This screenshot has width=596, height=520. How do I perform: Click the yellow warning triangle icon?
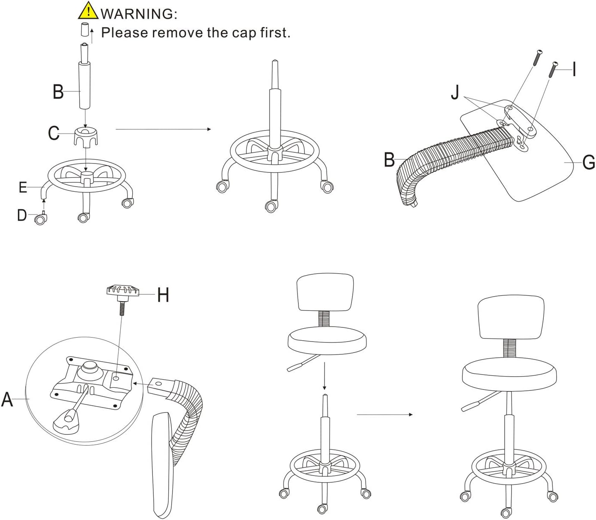coord(88,11)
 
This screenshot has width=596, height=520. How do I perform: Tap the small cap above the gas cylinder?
coord(85,30)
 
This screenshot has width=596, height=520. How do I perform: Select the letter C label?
coord(54,133)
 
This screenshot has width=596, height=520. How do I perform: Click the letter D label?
coord(22,215)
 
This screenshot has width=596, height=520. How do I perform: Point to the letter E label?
coord(23,187)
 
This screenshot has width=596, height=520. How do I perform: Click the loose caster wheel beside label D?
coord(41,220)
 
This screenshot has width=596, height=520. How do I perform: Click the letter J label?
coord(455,92)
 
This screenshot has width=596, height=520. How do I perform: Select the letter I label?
coord(574,69)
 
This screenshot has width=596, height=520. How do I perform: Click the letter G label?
coord(589,163)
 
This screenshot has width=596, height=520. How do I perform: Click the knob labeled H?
coord(123,291)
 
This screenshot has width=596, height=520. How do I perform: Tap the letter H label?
coord(163,295)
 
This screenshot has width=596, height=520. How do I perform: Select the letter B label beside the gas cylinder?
coord(58,92)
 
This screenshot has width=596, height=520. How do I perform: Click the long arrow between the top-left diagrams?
coord(163,129)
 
